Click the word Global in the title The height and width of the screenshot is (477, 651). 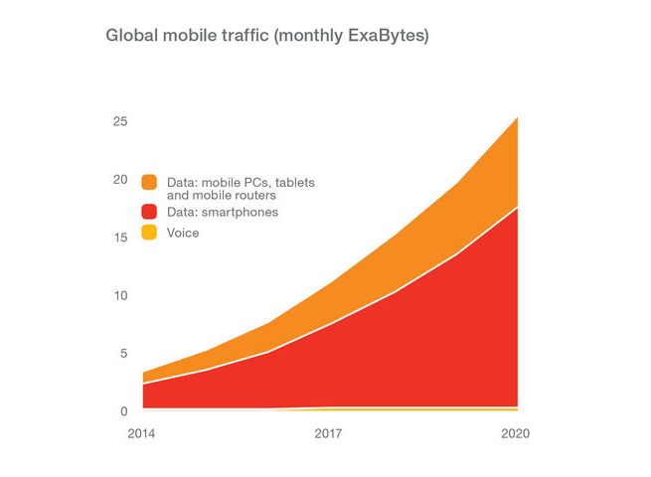tap(131, 36)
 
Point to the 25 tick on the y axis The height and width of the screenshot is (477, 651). tap(119, 121)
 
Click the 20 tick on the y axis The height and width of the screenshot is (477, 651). tap(119, 180)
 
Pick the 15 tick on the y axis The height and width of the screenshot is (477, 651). tap(119, 238)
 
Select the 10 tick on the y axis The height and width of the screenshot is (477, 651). tap(119, 295)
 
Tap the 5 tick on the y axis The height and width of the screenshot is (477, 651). tap(123, 353)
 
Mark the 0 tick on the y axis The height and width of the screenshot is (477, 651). tap(123, 410)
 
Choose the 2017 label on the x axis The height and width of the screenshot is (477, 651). tap(329, 433)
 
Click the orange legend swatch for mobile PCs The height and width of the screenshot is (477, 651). tap(149, 182)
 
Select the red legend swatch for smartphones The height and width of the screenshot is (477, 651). tap(149, 211)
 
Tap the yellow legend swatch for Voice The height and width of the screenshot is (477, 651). tap(149, 233)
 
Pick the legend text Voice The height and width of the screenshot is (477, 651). tap(183, 234)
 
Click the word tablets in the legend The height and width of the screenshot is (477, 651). tap(294, 183)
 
